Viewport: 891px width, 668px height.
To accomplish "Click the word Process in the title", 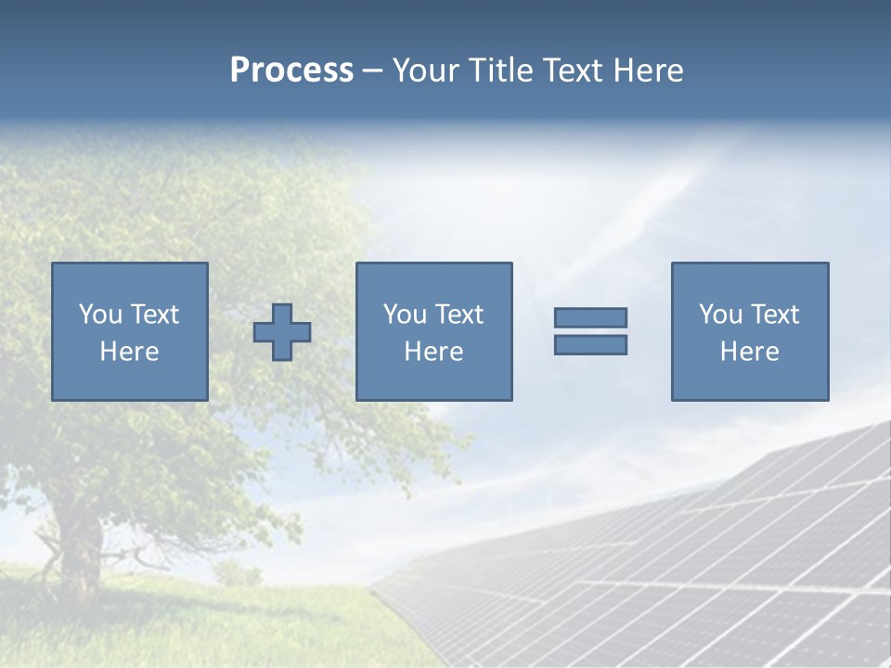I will (x=291, y=71).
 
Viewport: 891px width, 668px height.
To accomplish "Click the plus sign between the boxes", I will (x=282, y=332).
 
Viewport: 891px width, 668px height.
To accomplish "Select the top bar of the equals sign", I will (x=590, y=317).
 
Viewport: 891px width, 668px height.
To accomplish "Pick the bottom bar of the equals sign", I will (x=590, y=344).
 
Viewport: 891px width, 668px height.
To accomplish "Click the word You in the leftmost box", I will (x=100, y=315).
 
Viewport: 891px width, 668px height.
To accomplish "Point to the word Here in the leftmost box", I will (x=129, y=352).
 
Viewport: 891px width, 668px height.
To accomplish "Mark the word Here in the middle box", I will (x=433, y=352).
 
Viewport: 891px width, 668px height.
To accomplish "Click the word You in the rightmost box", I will (x=720, y=315).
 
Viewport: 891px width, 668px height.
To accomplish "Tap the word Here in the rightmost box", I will (x=749, y=352).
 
